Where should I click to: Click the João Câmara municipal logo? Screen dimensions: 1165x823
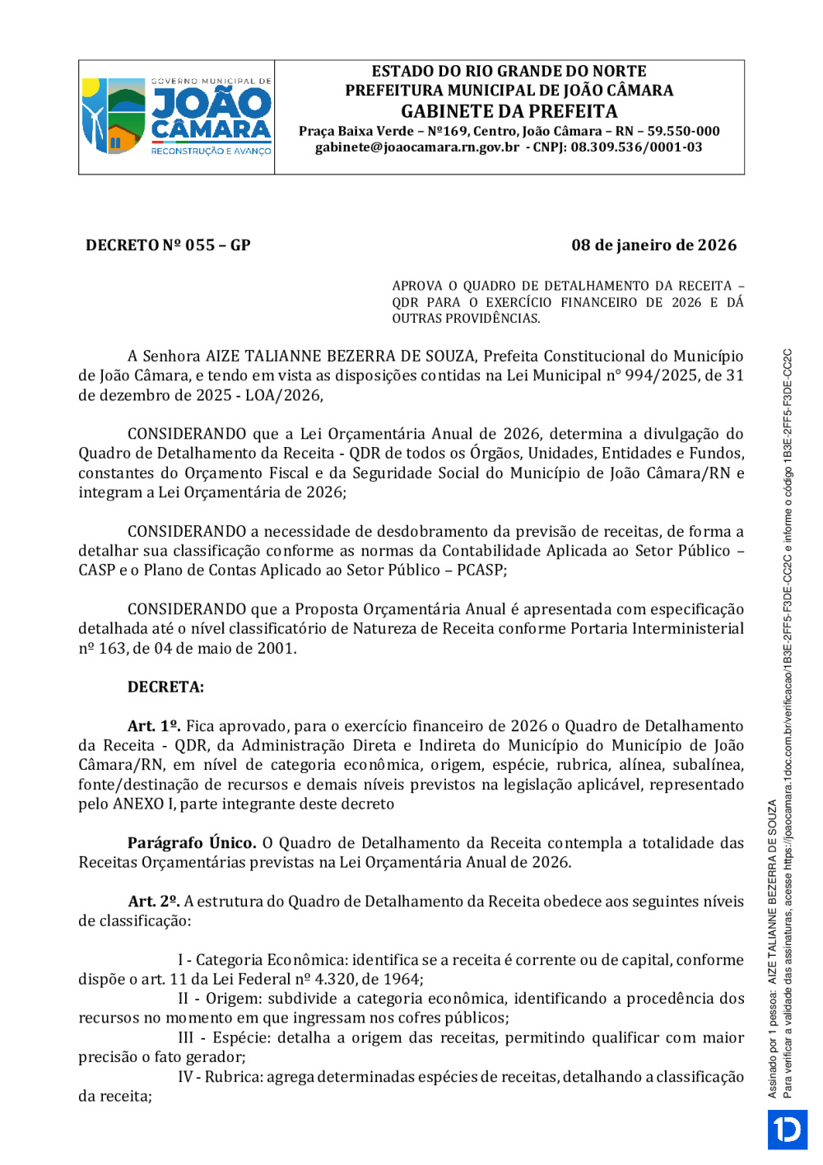(x=177, y=116)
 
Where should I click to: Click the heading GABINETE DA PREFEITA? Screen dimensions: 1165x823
(x=509, y=111)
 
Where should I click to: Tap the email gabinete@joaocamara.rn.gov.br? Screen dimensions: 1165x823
(x=416, y=147)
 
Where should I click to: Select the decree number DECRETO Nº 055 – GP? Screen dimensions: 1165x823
(x=168, y=245)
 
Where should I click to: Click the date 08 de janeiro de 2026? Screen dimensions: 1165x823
(x=653, y=245)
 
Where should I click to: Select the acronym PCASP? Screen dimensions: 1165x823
(x=481, y=570)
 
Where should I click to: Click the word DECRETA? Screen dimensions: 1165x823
(x=165, y=687)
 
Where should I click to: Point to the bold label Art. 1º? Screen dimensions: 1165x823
(x=154, y=726)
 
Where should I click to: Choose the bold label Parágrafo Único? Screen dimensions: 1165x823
(x=191, y=843)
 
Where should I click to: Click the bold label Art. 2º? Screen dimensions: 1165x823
(x=154, y=902)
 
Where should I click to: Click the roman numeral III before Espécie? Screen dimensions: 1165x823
(x=186, y=1038)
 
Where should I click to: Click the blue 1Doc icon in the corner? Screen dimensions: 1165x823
(x=788, y=1130)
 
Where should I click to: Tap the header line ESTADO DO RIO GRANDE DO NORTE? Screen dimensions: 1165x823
(x=509, y=72)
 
